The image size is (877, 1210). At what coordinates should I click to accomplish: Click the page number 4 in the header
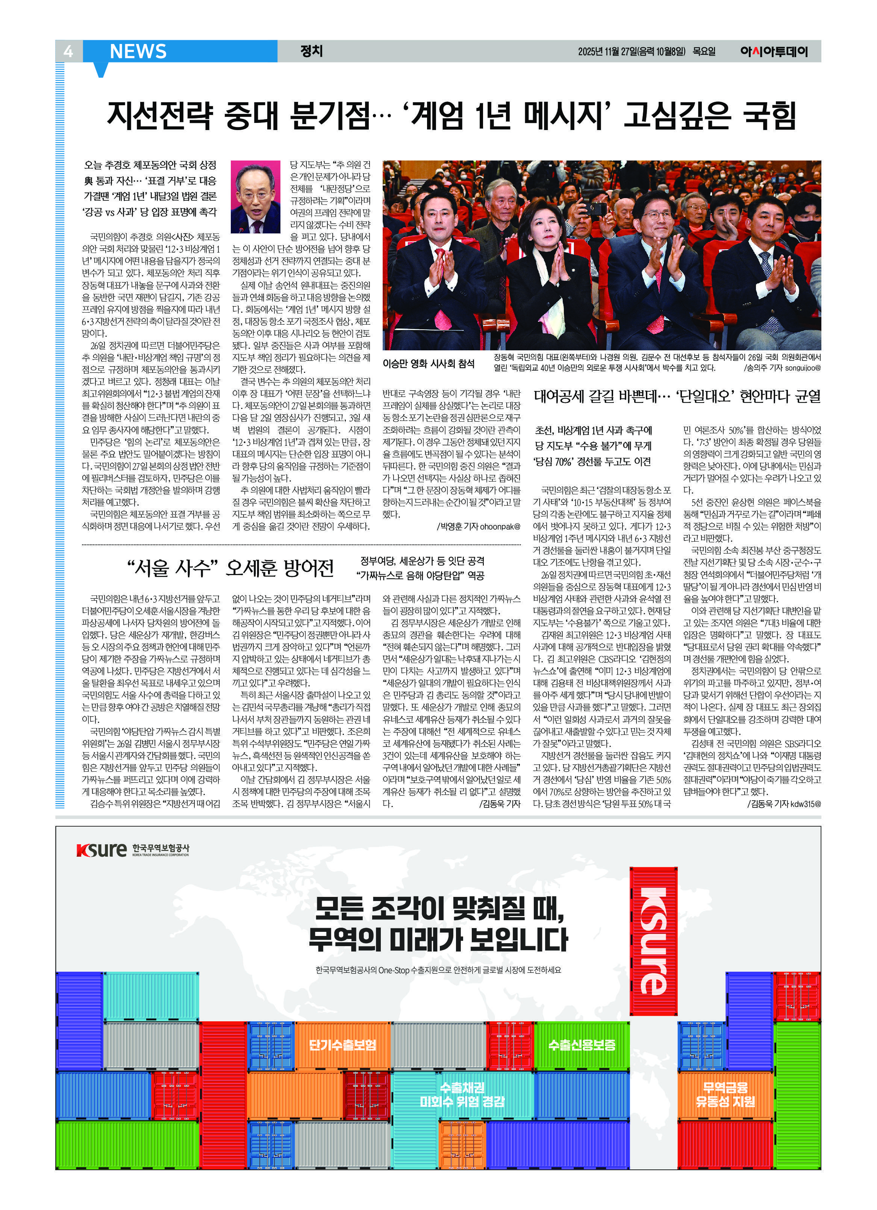tap(68, 51)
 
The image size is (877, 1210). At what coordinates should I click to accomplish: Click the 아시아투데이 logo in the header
tap(774, 52)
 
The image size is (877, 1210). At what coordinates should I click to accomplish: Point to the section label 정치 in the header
tap(312, 51)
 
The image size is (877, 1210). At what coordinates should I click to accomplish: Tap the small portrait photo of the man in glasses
tap(256, 197)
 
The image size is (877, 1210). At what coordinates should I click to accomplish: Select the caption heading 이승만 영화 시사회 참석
tap(429, 363)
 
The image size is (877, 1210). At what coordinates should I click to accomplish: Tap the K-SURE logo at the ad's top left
tap(132, 850)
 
